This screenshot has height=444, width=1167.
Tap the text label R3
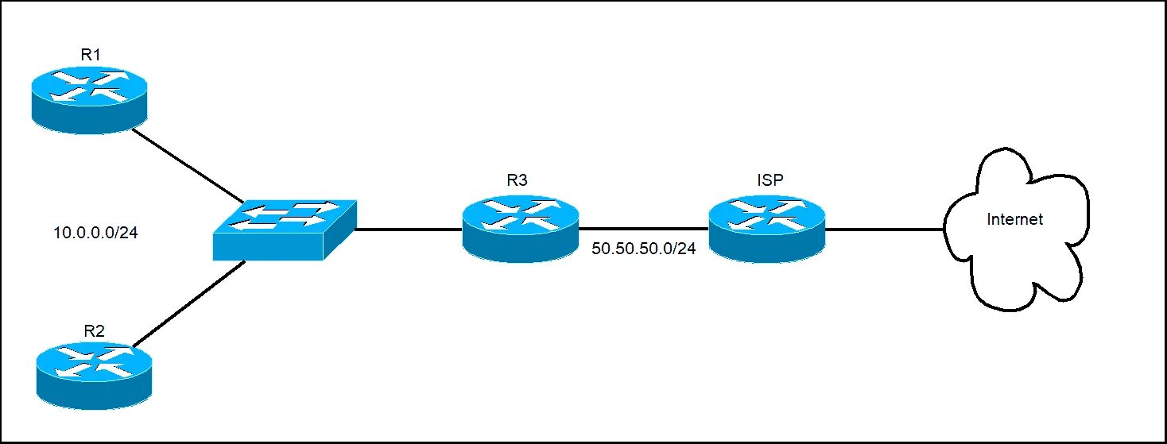(518, 180)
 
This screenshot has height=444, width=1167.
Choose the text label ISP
(770, 180)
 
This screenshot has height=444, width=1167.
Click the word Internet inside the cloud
(1014, 219)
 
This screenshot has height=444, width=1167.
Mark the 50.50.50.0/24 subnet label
(644, 249)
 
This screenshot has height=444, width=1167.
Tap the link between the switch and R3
(408, 230)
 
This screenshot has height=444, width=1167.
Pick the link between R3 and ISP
(644, 230)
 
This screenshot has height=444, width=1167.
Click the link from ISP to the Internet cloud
(885, 230)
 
